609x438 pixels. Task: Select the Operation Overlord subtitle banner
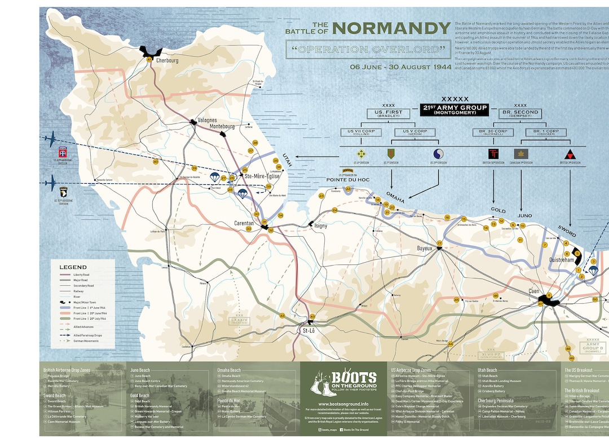[x=365, y=50]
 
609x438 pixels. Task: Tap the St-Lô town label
[x=309, y=330]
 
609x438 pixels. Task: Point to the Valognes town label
[x=208, y=120]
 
